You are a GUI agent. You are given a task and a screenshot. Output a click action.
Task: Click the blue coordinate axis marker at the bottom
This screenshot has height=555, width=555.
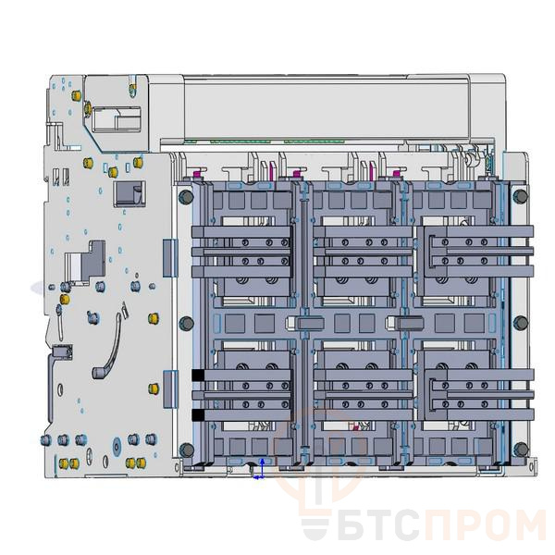click(x=261, y=469)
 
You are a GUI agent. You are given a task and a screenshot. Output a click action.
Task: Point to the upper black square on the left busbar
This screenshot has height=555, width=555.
click(x=198, y=375)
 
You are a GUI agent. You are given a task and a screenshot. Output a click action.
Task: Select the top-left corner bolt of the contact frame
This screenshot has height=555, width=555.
click(x=185, y=196)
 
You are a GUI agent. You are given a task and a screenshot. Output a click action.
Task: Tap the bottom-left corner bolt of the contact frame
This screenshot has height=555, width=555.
click(x=185, y=450)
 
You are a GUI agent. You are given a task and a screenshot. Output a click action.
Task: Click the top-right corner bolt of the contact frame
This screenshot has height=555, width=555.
click(x=520, y=196)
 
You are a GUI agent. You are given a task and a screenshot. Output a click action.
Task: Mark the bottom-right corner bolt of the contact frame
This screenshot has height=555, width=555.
click(x=520, y=450)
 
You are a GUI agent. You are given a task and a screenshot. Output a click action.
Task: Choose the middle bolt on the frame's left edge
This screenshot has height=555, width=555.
click(x=185, y=323)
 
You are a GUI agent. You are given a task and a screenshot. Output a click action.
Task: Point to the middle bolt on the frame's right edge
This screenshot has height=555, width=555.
click(x=520, y=323)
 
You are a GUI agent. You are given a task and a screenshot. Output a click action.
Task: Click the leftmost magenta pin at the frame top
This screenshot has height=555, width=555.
click(x=196, y=172)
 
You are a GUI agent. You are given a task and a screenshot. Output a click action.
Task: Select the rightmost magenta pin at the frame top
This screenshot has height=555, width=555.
click(x=396, y=172)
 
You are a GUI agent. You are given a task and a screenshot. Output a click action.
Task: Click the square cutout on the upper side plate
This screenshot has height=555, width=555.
click(x=125, y=193)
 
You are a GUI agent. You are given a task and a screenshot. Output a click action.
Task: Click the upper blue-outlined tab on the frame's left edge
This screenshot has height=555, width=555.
click(x=167, y=256)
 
